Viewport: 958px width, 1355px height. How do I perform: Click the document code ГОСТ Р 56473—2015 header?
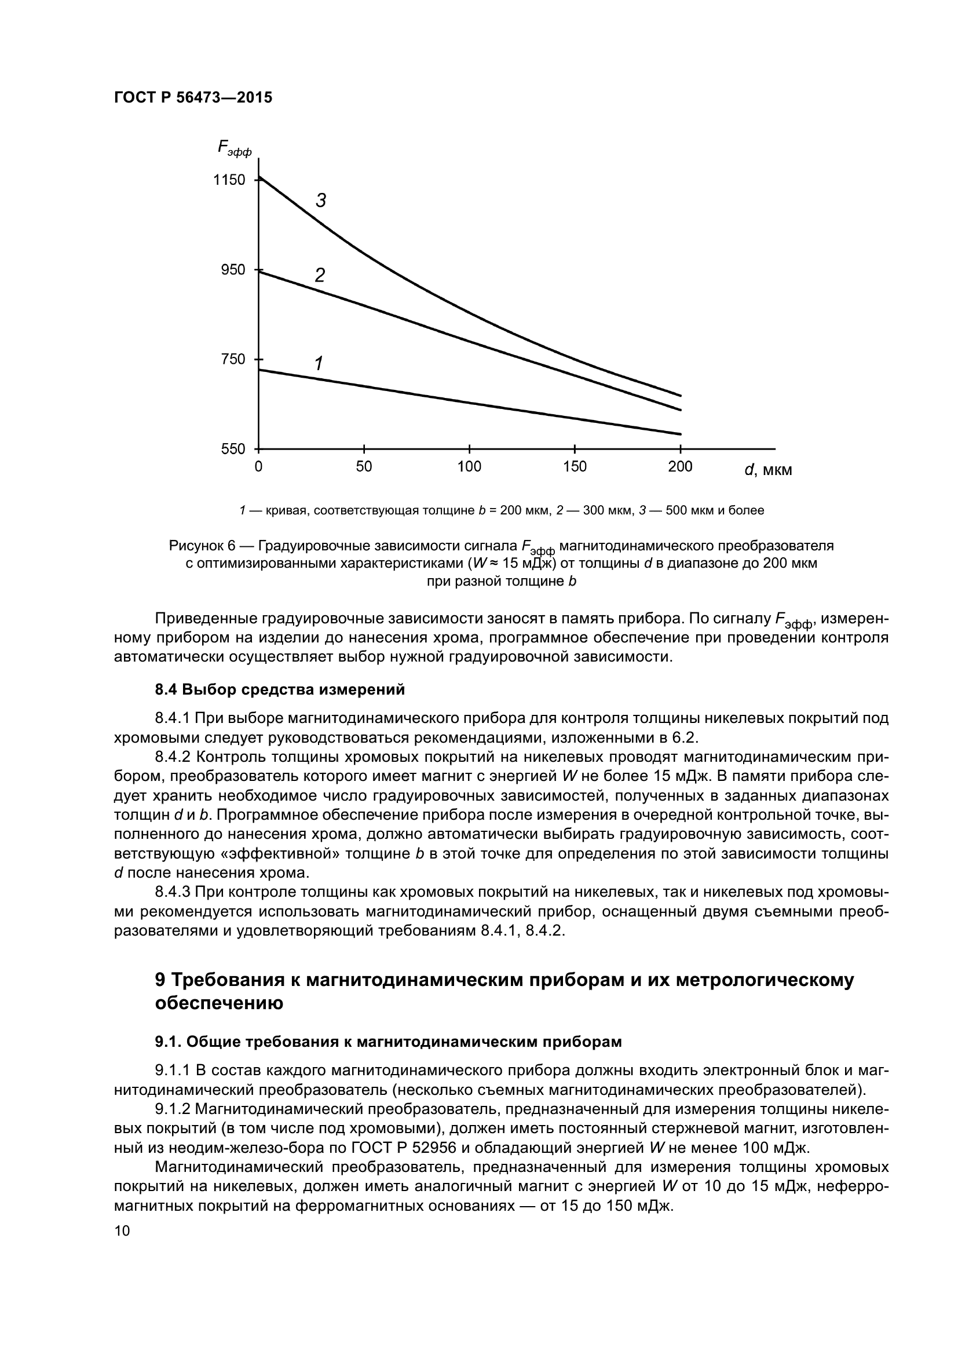point(193,98)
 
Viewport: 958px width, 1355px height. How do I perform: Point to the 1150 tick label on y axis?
point(229,180)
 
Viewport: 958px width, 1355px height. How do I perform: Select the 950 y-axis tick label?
point(233,271)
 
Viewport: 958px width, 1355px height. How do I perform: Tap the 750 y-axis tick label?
point(233,359)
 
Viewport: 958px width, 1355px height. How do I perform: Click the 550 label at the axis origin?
point(233,449)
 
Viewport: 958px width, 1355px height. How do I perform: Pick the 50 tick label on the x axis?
point(364,467)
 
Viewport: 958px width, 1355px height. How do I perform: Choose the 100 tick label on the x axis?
point(470,467)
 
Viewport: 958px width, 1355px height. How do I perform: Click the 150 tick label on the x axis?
point(575,467)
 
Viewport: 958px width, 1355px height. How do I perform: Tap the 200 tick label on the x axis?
point(680,467)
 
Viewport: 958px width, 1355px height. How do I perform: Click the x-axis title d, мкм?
point(768,470)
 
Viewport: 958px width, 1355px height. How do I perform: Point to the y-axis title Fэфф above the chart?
point(234,148)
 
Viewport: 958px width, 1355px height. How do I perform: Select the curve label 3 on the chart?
point(320,201)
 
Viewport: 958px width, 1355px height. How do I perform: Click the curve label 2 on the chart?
point(320,276)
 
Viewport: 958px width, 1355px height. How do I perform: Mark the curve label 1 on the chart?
point(319,364)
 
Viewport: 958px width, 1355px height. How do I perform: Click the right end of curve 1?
point(681,434)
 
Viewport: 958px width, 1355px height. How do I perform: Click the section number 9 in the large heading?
point(159,980)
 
